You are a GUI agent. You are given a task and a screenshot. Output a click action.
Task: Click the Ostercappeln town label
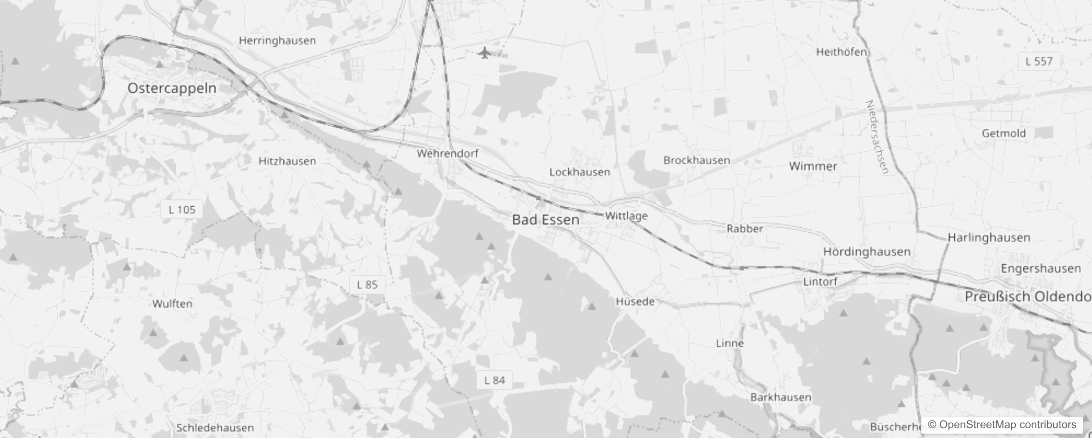click(172, 88)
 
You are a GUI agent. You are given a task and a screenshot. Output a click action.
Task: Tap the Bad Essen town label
click(545, 220)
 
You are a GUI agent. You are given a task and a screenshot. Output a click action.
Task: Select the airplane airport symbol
click(484, 53)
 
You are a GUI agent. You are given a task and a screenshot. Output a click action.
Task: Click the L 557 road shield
click(1039, 61)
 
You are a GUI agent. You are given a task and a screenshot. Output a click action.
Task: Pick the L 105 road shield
click(182, 210)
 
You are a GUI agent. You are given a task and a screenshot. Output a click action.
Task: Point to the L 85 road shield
click(367, 285)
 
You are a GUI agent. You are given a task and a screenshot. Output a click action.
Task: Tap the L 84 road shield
click(495, 381)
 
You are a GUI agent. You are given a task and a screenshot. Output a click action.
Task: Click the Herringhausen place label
click(277, 41)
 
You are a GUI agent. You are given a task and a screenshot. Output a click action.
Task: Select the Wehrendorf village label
click(448, 154)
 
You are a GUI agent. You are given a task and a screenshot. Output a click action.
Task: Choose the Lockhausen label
click(579, 172)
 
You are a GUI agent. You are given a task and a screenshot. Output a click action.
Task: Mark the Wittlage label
click(626, 216)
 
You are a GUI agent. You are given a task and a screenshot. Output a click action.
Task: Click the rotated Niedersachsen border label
click(877, 137)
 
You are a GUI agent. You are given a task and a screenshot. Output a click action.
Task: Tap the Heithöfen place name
click(841, 53)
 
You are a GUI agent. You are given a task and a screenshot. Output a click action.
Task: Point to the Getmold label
click(1003, 133)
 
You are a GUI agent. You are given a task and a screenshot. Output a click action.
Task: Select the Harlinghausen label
click(989, 238)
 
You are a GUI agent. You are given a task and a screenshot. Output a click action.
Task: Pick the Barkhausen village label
click(781, 397)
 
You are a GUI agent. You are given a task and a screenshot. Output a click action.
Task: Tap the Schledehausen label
click(215, 428)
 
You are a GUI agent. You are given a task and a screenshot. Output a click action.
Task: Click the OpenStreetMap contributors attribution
click(1002, 425)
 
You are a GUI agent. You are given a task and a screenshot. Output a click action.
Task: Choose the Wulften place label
click(172, 304)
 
